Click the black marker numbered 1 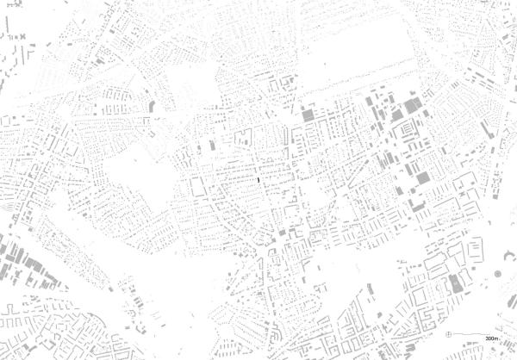(x=258, y=179)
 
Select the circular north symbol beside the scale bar (x=449, y=333)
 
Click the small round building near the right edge (x=497, y=274)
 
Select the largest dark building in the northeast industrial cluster (x=411, y=106)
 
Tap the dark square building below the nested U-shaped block (x=422, y=177)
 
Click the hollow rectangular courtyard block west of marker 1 (x=199, y=185)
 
